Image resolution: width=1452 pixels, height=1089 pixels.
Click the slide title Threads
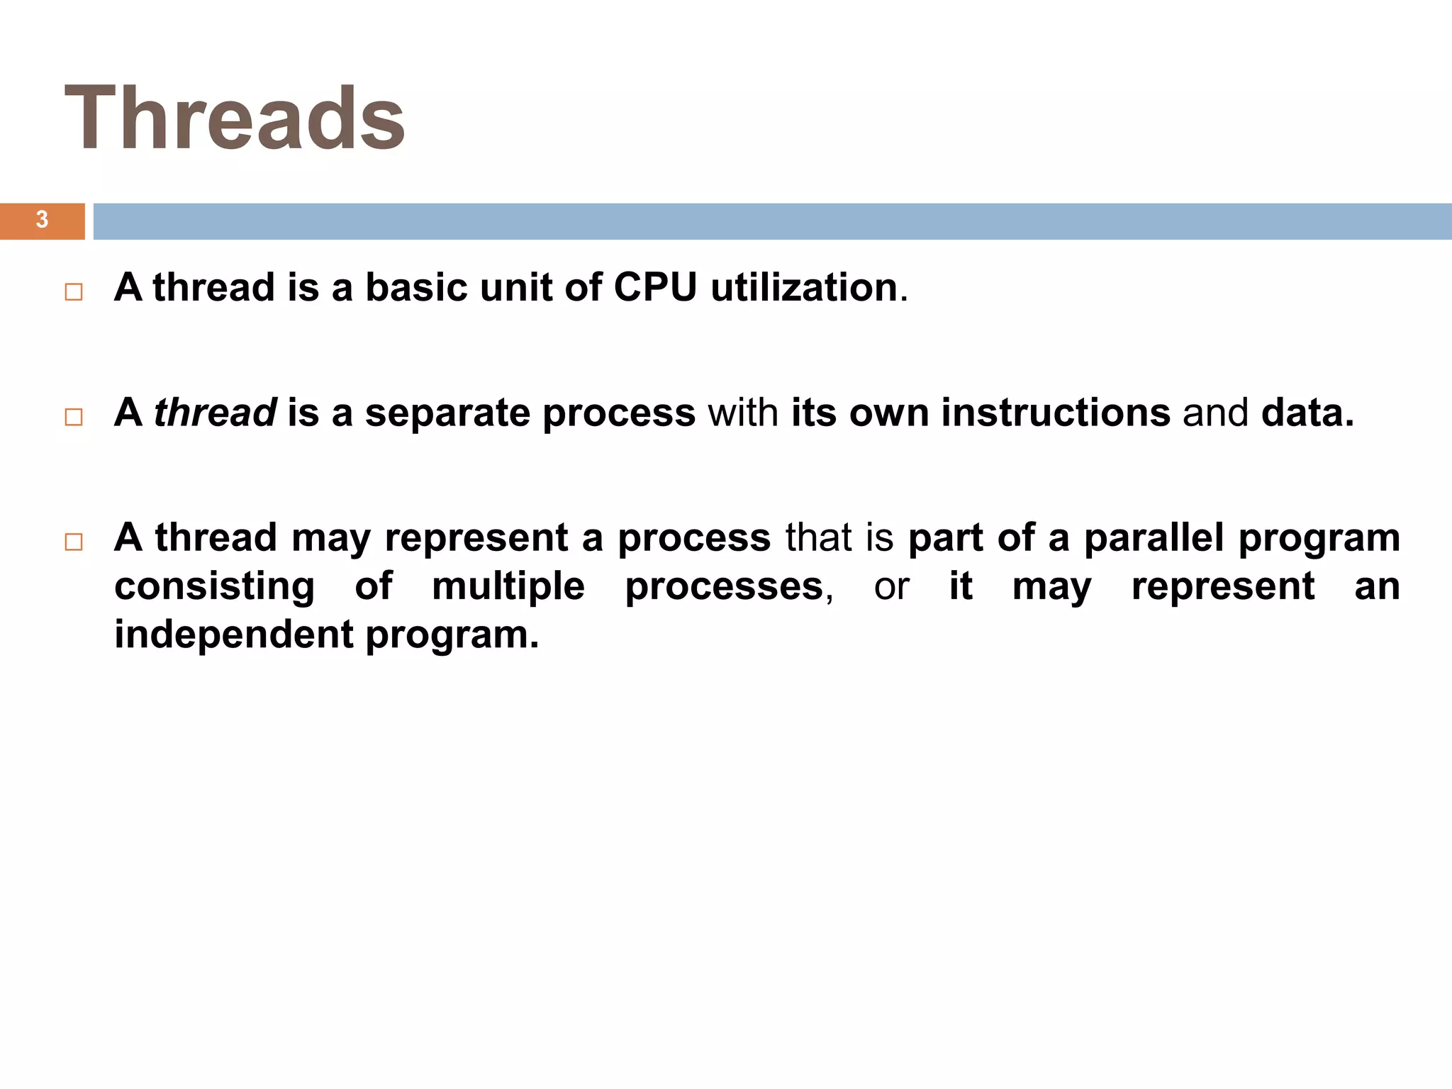tap(235, 118)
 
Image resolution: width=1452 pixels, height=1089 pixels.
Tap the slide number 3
tap(42, 220)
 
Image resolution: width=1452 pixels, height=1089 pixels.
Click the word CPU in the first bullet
tap(655, 288)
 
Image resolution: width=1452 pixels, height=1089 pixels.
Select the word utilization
tap(804, 288)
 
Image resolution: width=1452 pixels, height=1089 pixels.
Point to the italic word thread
tap(215, 413)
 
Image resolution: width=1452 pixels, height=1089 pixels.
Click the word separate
tap(447, 413)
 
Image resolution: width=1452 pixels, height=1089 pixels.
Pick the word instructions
tap(1056, 413)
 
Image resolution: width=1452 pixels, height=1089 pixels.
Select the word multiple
tap(508, 586)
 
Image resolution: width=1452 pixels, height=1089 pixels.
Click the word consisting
tap(214, 586)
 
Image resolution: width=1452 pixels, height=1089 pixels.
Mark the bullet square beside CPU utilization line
tap(74, 292)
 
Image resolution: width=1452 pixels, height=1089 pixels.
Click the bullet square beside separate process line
tap(74, 417)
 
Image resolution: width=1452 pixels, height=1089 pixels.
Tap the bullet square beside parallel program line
tap(74, 542)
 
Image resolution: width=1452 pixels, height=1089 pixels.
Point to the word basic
tap(416, 288)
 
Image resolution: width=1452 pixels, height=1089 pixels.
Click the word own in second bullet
tap(889, 413)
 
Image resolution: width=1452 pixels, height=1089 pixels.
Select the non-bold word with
tap(743, 413)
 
